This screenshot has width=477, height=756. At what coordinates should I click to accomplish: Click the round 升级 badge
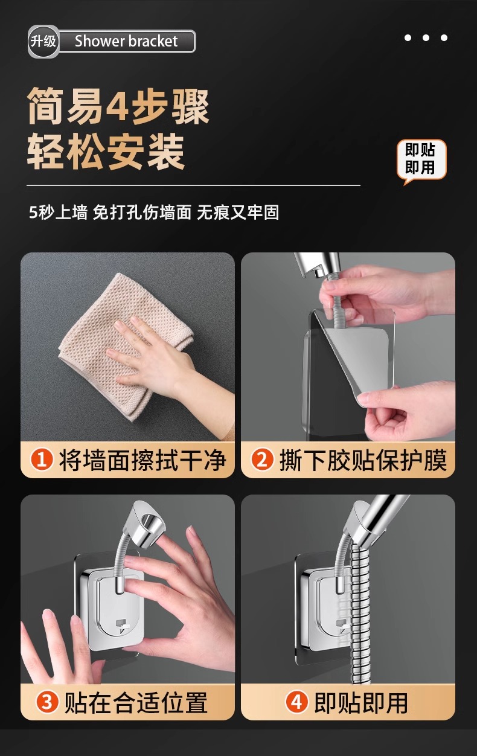(43, 42)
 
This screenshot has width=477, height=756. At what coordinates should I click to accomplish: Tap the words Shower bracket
(126, 41)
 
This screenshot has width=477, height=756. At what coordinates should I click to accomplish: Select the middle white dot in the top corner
(426, 38)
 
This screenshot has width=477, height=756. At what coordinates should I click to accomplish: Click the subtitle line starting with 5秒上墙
(153, 213)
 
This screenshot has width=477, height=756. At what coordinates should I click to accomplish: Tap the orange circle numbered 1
(42, 460)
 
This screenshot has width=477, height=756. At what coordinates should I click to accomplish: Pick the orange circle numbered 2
(262, 460)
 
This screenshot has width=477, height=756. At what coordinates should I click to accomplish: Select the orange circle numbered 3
(47, 702)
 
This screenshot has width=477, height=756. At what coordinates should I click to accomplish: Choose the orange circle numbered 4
(297, 702)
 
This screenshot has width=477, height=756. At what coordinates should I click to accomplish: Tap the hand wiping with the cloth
(169, 365)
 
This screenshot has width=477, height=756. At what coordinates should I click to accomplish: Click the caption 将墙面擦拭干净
(142, 460)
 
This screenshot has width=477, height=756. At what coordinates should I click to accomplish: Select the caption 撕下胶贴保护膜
(363, 460)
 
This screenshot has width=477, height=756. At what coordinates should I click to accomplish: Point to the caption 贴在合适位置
(136, 703)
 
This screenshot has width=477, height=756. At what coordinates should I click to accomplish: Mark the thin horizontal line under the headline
(193, 185)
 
